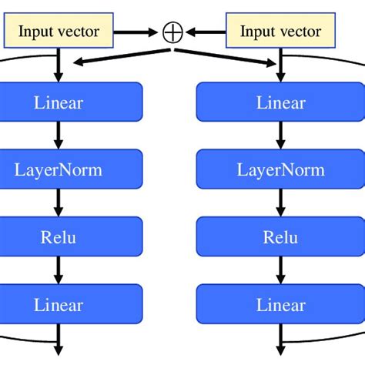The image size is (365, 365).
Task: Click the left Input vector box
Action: tap(59, 32)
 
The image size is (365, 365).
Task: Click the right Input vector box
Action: tap(280, 32)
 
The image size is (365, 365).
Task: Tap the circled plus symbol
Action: tap(171, 32)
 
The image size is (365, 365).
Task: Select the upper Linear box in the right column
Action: tap(280, 102)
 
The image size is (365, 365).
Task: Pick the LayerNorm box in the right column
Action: tap(280, 169)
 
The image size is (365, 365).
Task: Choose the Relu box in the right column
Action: tap(280, 236)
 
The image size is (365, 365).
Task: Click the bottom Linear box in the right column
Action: tap(280, 304)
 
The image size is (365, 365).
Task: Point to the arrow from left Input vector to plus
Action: tap(139, 32)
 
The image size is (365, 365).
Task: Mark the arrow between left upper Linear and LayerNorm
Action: tap(59, 135)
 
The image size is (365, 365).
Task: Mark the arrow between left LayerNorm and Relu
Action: tap(59, 203)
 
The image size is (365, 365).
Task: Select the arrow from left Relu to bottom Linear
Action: tap(59, 270)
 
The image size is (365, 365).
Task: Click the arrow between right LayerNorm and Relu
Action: tap(280, 203)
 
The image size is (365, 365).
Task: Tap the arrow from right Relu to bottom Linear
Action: tap(280, 270)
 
